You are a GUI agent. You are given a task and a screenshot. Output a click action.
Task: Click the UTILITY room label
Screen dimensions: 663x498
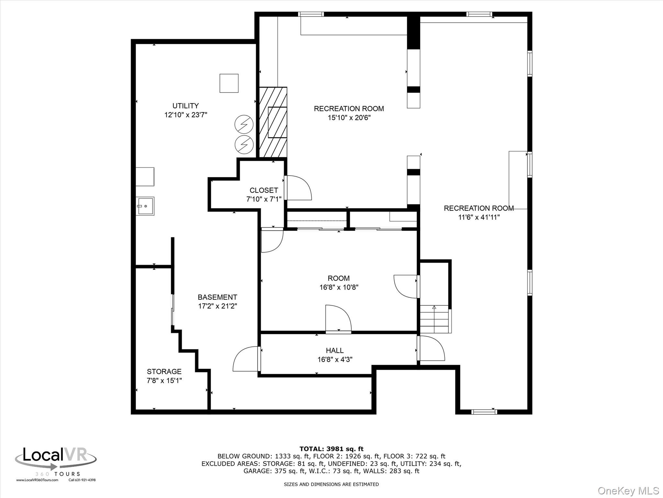[x=185, y=106]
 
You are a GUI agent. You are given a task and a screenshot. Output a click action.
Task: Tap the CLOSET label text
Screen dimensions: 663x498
[x=264, y=190]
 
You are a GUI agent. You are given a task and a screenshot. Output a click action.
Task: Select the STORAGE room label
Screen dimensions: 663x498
[x=164, y=372]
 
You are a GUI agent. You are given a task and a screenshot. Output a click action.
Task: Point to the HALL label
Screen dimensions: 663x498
[x=335, y=350]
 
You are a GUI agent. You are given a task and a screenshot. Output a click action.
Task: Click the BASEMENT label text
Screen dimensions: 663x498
[x=218, y=297]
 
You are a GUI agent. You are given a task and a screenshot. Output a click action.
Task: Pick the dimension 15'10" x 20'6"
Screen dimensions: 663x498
[x=349, y=118]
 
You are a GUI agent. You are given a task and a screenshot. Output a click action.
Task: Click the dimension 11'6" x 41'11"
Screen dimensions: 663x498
[x=479, y=217]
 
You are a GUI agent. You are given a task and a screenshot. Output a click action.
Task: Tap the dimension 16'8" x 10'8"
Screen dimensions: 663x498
[x=339, y=287]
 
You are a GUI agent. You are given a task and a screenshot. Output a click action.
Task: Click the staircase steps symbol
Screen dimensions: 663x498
[x=434, y=319]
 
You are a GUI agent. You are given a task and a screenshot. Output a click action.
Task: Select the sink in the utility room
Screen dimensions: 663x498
[x=145, y=206]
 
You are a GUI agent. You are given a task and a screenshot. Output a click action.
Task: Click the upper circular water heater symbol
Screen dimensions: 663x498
[x=244, y=124]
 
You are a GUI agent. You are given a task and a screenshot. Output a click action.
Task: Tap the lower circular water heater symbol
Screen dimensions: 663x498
[x=244, y=145]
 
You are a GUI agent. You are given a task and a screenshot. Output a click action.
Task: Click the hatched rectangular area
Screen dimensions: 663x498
[x=273, y=122]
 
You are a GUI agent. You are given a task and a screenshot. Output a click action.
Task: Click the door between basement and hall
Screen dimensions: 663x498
[x=246, y=359]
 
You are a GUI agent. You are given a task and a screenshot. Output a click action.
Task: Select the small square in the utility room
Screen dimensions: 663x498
[x=229, y=83]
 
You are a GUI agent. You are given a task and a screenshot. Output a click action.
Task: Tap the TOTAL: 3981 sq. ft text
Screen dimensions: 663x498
[x=331, y=449]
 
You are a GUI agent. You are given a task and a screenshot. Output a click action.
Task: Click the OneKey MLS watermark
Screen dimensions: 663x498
[x=628, y=491]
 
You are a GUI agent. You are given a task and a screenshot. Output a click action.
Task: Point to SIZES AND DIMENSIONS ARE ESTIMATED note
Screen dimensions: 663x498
[x=331, y=484]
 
